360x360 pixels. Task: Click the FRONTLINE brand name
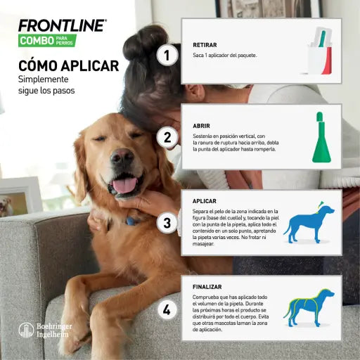[x=63, y=26]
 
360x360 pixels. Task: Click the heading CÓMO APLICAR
[x=68, y=66]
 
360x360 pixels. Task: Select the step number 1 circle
[x=167, y=54]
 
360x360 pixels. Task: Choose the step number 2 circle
[x=167, y=137]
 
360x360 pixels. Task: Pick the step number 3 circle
[x=167, y=224]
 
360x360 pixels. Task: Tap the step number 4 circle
[x=167, y=309]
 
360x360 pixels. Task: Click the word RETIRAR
[x=205, y=45]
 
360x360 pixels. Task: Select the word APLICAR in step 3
[x=205, y=201]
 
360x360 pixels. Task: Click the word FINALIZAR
[x=208, y=287]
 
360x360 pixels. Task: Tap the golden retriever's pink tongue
[x=125, y=185]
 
